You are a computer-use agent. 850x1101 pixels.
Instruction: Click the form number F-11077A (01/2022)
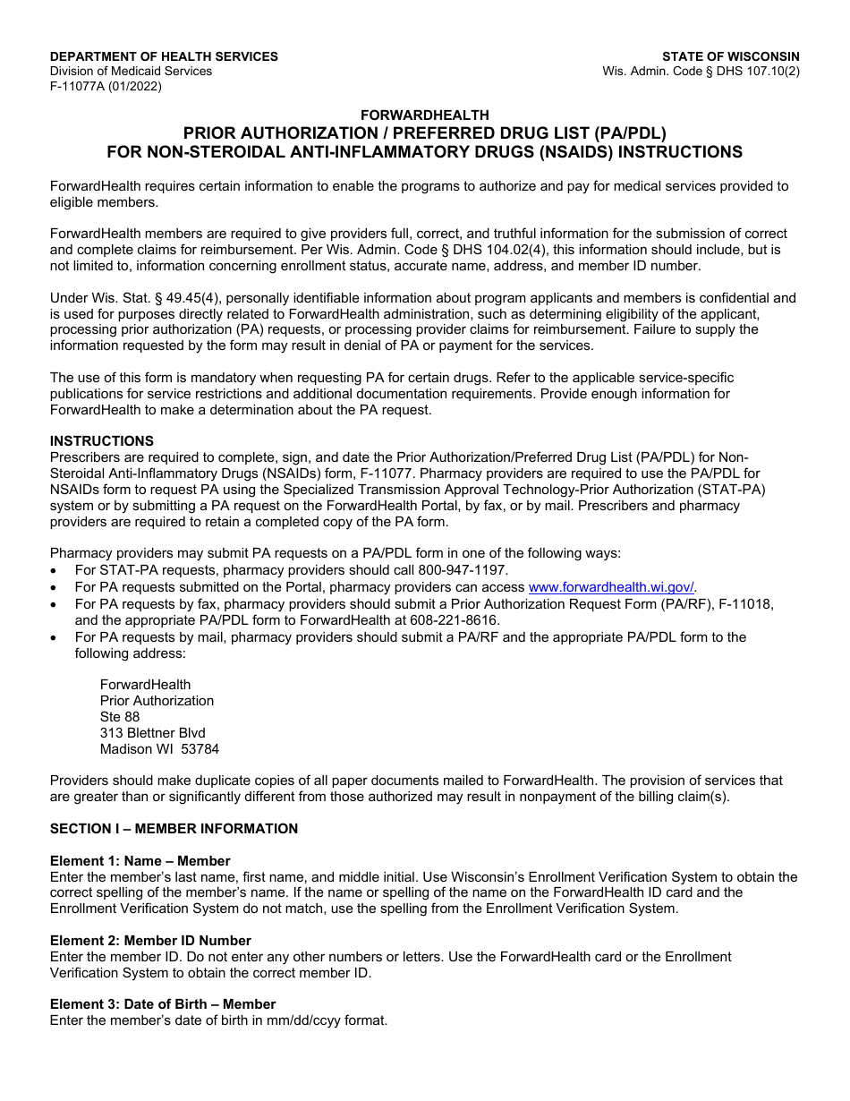(x=106, y=87)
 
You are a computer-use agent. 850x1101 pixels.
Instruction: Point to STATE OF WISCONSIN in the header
(x=730, y=56)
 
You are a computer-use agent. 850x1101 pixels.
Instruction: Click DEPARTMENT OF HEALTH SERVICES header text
(x=164, y=56)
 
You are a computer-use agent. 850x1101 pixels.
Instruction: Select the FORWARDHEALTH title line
(x=425, y=115)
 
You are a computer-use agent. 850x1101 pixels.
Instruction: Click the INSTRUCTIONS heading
(x=102, y=441)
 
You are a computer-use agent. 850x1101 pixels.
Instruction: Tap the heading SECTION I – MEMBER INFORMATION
(x=174, y=829)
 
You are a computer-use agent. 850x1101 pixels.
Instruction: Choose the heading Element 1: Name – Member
(x=140, y=861)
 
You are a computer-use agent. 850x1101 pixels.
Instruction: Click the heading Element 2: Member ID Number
(x=150, y=941)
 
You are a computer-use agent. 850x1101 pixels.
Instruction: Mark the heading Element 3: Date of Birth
(x=163, y=1004)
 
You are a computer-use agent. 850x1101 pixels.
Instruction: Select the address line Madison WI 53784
(x=159, y=749)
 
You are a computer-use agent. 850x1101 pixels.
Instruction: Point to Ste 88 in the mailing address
(x=120, y=717)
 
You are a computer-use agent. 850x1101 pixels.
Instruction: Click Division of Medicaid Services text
(x=131, y=72)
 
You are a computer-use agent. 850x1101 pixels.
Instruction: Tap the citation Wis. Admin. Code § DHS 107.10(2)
(x=701, y=72)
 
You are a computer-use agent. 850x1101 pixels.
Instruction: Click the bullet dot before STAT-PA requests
(x=55, y=571)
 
